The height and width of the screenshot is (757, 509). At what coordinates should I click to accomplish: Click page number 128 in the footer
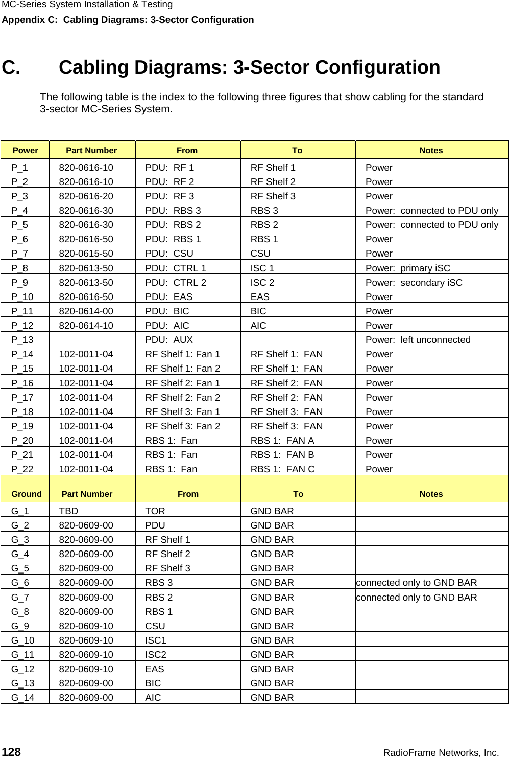coord(12,751)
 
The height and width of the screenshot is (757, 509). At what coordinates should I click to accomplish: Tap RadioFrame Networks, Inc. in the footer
coord(441,752)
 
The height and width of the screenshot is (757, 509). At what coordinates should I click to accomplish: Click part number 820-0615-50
coord(86,254)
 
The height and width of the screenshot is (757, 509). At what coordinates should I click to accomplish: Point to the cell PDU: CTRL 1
coord(176,268)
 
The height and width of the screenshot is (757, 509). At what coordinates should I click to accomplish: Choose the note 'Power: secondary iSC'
coord(414,283)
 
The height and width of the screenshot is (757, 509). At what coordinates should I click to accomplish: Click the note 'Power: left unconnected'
coord(418,340)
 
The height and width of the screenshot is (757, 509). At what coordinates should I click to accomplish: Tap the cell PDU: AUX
coord(169,340)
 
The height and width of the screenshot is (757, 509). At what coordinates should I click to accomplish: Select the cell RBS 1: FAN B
coord(282,454)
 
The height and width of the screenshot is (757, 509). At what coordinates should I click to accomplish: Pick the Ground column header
coord(26,494)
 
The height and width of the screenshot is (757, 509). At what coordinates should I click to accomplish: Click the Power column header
coord(25,150)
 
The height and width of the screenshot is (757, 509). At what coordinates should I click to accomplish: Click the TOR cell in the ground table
coord(155,511)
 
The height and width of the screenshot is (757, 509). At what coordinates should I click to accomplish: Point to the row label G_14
coord(22,697)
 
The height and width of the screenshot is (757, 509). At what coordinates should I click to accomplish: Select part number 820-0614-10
coord(86,326)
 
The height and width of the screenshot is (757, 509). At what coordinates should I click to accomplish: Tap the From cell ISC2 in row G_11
coord(156,654)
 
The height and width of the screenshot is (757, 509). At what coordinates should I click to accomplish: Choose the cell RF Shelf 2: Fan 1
coord(182,383)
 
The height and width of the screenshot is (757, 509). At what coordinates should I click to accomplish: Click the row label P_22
coord(22,469)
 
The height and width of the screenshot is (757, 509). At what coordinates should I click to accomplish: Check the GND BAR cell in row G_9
coord(272,626)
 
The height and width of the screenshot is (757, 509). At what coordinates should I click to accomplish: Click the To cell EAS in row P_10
coord(260,297)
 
